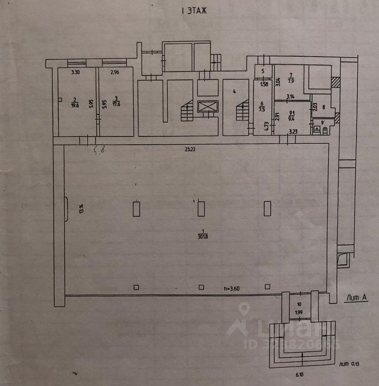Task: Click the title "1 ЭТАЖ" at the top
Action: [191, 10]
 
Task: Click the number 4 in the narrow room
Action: [234, 91]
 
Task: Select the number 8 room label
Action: [323, 108]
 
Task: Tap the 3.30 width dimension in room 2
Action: [75, 72]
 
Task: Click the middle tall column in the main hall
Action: [201, 209]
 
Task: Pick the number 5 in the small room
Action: [263, 72]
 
